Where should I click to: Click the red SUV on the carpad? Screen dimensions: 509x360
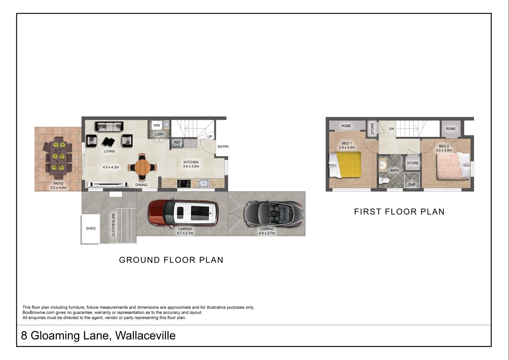click(x=183, y=213)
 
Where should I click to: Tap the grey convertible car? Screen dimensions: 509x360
click(x=274, y=214)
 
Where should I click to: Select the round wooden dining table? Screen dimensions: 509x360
click(x=142, y=167)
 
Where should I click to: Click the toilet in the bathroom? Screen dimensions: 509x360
click(x=384, y=180)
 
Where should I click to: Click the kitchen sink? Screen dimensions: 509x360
click(x=204, y=183)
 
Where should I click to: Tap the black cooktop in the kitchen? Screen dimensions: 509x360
click(x=184, y=184)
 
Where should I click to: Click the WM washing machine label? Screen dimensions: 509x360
click(x=157, y=125)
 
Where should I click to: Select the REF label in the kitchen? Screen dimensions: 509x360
click(x=177, y=142)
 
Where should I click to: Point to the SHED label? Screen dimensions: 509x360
click(x=91, y=228)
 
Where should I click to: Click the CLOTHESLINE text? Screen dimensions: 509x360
click(x=113, y=225)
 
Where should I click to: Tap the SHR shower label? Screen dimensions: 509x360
click(x=412, y=185)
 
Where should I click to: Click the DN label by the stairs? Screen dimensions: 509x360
click(x=392, y=129)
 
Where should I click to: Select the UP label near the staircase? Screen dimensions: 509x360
click(x=210, y=137)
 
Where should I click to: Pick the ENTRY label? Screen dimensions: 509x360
click(x=223, y=147)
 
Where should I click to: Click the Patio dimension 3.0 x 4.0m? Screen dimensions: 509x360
click(x=59, y=187)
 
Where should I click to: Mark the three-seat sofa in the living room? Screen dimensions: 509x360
click(x=109, y=126)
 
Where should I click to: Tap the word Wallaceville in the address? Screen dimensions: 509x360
click(x=145, y=335)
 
